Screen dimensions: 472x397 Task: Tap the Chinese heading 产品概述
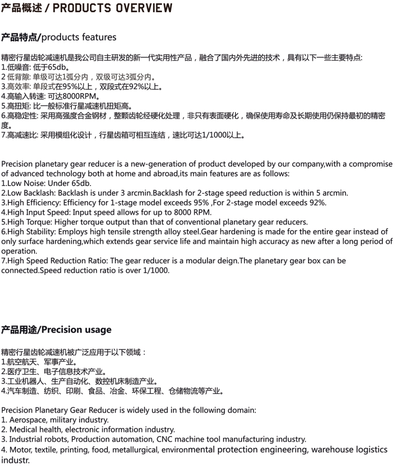[x=21, y=8]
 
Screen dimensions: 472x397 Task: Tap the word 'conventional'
[x=192, y=222]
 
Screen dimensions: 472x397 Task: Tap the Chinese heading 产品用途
[x=20, y=330]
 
